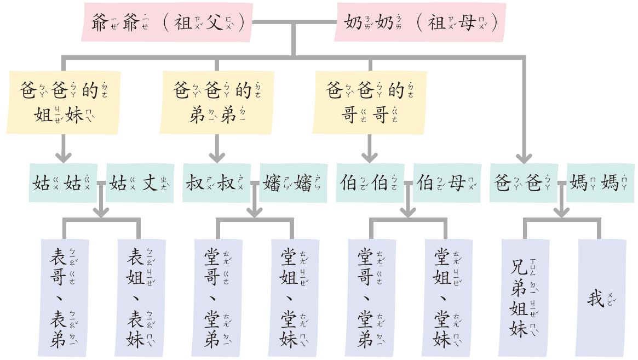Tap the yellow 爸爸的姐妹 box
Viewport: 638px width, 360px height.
coord(64,102)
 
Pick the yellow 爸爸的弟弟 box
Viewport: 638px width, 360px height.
coord(217,102)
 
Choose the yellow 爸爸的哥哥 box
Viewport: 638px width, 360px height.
coord(370,102)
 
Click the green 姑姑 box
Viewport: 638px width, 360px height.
coord(64,182)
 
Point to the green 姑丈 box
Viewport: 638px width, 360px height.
coord(140,182)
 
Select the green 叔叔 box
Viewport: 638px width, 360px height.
coord(217,182)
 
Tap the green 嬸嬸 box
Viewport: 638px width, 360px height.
coord(294,182)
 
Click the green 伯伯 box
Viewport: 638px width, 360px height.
coord(370,182)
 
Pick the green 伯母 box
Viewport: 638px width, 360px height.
coord(447,182)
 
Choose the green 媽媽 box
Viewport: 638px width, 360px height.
coord(600,182)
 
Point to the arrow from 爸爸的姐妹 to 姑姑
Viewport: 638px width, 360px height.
coord(64,148)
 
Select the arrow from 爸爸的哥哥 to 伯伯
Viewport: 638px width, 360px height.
coord(370,148)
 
